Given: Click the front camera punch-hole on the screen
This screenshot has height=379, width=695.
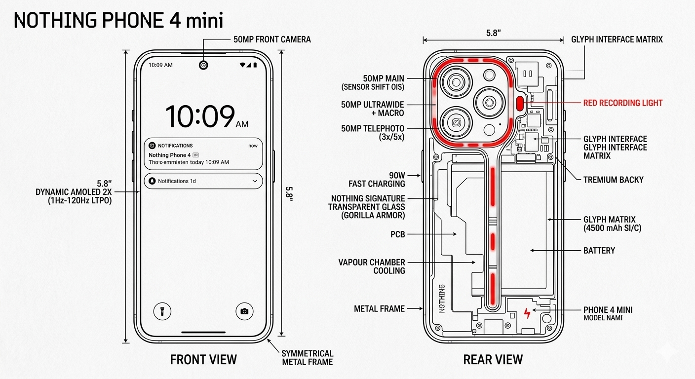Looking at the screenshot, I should (x=203, y=65).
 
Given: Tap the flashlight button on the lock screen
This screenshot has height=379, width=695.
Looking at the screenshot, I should (x=162, y=311).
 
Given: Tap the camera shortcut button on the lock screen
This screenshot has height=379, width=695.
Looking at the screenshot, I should (x=244, y=311).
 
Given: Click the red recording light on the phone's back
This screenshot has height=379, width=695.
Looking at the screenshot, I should (x=519, y=103).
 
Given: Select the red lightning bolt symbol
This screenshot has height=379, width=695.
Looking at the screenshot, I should (x=528, y=313).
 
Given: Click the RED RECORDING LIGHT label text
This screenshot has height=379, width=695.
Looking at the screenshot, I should (x=622, y=103).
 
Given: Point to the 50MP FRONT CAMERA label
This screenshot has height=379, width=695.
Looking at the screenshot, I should (x=272, y=39).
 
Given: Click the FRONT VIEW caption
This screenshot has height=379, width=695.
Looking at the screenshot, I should (x=203, y=360).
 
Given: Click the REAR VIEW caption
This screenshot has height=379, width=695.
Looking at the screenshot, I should (x=493, y=360).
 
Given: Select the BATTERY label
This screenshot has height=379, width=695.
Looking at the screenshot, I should (x=599, y=251).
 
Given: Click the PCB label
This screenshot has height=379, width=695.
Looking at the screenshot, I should (x=397, y=234).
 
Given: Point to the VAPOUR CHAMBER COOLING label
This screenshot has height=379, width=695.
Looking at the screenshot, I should (x=372, y=266).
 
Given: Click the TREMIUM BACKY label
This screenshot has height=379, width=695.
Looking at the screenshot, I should (x=613, y=180).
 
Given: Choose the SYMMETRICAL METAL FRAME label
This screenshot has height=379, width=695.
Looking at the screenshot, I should (x=307, y=358).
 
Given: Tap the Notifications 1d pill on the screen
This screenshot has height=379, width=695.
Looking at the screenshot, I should (x=203, y=181).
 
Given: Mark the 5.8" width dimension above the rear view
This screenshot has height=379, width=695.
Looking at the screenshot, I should (x=493, y=34).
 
